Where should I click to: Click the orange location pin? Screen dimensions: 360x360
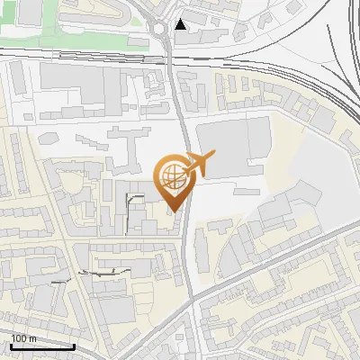175,180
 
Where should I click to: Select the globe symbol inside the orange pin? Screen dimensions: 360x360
174,174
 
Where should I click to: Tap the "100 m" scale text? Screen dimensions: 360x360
23,337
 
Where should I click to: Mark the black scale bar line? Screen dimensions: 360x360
41,346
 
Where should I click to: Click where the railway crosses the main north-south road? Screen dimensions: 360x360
172,58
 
